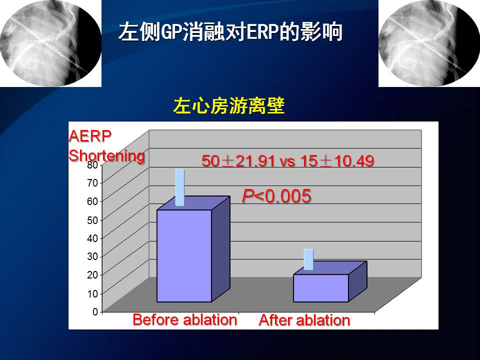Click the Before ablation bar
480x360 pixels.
click(193, 249)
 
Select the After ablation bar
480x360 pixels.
click(329, 281)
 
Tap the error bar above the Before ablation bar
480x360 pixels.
click(179, 187)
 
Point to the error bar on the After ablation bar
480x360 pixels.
click(308, 259)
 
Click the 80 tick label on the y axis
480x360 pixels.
click(92, 164)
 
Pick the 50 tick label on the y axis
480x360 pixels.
click(92, 220)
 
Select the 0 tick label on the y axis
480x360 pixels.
click(95, 311)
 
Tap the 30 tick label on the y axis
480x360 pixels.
click(92, 256)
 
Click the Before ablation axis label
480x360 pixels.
click(185, 320)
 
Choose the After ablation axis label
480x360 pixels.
click(304, 320)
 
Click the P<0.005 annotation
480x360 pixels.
click(276, 196)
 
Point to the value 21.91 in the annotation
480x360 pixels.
click(255, 160)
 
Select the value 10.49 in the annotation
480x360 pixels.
click(354, 160)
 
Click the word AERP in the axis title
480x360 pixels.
click(90, 136)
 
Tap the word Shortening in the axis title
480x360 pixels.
click(107, 155)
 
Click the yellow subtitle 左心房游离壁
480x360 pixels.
click(228, 106)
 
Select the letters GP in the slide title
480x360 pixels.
click(171, 32)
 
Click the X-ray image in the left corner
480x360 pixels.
click(51, 43)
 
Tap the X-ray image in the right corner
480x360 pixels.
click(429, 43)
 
